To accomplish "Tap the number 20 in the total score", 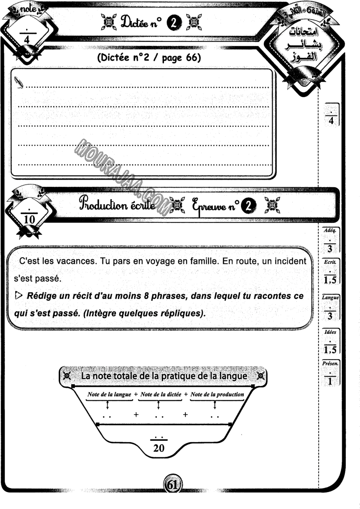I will tap(159, 449).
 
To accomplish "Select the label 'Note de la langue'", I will tap(109, 394).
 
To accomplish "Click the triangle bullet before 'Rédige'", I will tap(18, 296).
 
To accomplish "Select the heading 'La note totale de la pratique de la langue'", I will tap(164, 376).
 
